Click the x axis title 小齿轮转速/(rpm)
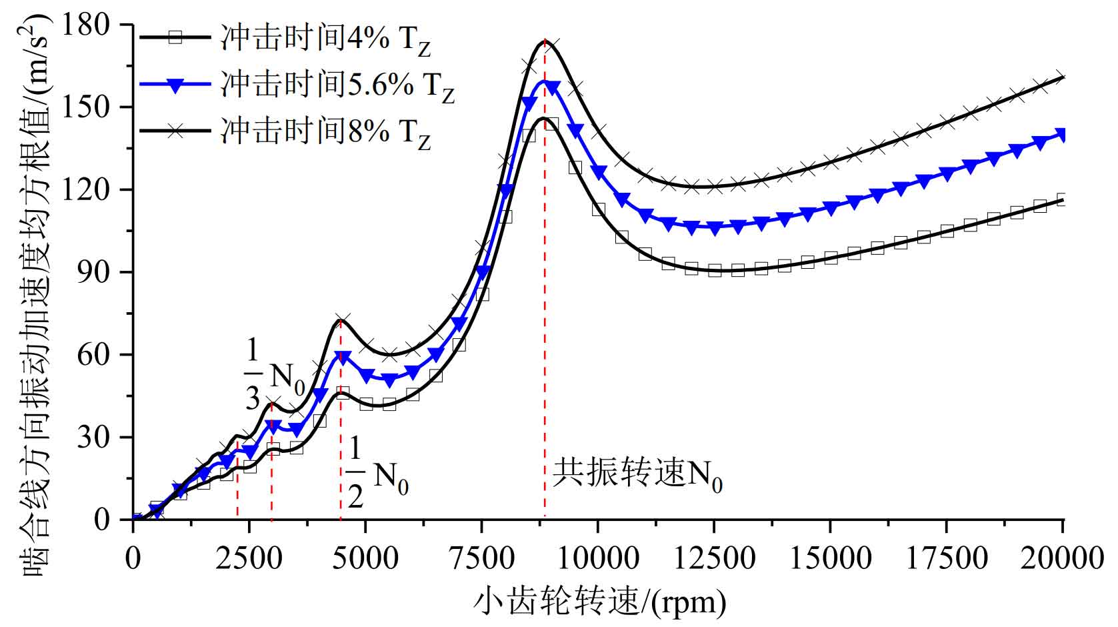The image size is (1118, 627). (x=599, y=602)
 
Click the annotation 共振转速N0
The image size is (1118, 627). (x=637, y=475)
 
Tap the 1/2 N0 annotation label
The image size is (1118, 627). (x=376, y=475)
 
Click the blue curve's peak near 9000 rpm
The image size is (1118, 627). (x=545, y=81)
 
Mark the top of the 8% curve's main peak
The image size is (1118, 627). (x=545, y=41)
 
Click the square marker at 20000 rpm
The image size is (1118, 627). (x=1062, y=199)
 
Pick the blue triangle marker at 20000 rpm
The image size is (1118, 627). (x=1062, y=135)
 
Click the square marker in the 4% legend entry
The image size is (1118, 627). (x=175, y=38)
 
